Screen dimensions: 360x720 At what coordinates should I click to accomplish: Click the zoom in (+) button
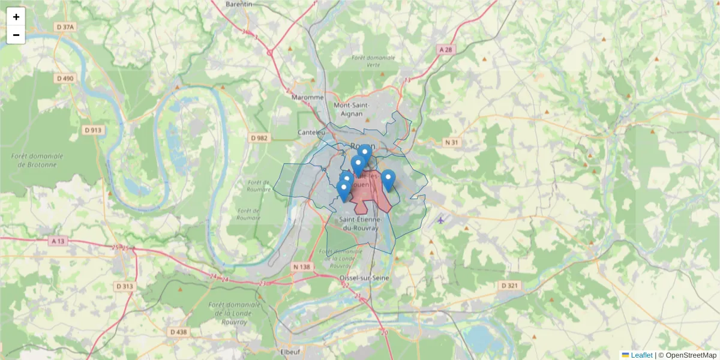[16, 17]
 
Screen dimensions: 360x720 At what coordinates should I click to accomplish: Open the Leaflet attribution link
[641, 355]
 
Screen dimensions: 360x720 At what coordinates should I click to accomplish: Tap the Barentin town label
[239, 4]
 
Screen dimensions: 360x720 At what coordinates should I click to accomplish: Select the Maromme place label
[307, 97]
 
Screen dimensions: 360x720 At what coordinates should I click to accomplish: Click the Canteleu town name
[311, 133]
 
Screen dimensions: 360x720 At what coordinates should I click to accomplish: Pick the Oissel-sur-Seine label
[364, 278]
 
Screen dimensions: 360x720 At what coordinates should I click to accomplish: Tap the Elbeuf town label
[290, 352]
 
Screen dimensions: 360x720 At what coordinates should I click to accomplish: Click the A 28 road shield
[445, 50]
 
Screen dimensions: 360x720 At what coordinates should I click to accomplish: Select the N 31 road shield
[451, 142]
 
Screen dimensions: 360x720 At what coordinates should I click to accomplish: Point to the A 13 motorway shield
[58, 241]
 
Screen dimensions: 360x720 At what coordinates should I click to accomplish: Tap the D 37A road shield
[65, 26]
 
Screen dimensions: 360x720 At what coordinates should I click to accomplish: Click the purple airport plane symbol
[441, 220]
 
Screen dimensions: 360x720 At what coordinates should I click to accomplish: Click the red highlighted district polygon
[369, 198]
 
